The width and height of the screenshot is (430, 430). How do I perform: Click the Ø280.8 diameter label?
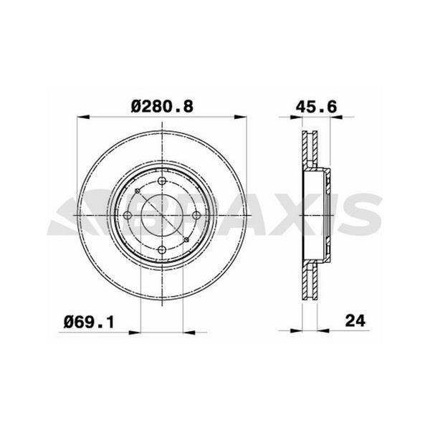pyautogui.click(x=163, y=106)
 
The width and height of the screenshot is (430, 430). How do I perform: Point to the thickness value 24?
pyautogui.click(x=354, y=321)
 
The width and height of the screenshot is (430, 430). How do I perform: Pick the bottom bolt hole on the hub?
pyautogui.click(x=162, y=249)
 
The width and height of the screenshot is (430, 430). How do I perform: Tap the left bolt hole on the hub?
pyautogui.click(x=128, y=216)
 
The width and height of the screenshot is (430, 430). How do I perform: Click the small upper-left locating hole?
pyautogui.click(x=137, y=191)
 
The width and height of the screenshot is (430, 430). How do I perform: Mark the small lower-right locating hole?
pyautogui.click(x=187, y=240)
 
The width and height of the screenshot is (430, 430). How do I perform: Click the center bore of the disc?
pyautogui.click(x=162, y=216)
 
